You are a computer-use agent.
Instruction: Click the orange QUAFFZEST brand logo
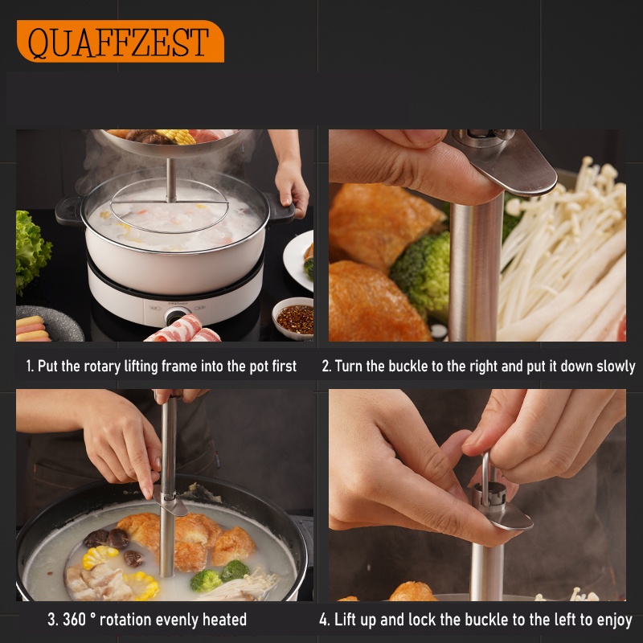120,42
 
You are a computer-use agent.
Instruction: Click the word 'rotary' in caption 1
102,367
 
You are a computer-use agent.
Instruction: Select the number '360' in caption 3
74,619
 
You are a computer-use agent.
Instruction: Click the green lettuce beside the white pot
33,250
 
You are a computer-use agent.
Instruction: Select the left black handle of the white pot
69,211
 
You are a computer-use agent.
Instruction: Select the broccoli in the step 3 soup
219,575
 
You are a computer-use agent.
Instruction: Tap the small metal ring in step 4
485,478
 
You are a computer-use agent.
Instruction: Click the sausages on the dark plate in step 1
32,329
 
